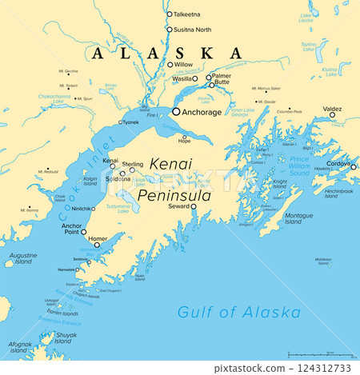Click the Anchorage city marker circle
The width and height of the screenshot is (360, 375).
pos(176,112)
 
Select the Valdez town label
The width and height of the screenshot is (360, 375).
pos(333,108)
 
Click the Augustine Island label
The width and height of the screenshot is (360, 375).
pos(22,258)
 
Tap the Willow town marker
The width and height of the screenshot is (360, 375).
pos(170,65)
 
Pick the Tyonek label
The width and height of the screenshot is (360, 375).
pos(130,122)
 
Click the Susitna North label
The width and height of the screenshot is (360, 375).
pos(193,29)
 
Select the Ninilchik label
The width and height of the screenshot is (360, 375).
pos(82,209)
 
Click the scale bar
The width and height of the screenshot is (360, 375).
pos(318,355)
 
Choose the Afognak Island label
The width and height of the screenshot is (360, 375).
pos(20,347)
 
